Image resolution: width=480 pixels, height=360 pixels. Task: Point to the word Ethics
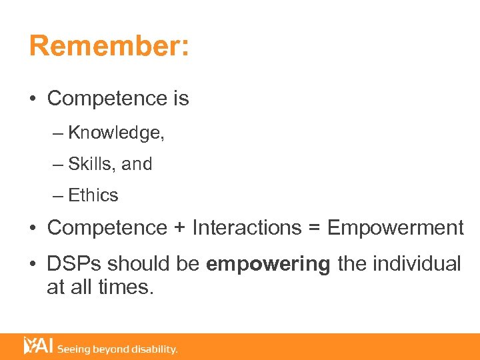[x=93, y=195]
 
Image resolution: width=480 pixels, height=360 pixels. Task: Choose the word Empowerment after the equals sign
[x=395, y=228]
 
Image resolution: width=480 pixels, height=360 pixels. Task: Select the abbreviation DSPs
[x=74, y=264]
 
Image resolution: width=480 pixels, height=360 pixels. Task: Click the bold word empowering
[x=268, y=265]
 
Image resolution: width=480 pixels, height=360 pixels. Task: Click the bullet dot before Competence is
[x=33, y=99]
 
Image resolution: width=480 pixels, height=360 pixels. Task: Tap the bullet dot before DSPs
[x=33, y=265]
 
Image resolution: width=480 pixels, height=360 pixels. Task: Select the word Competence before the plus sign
[x=107, y=228]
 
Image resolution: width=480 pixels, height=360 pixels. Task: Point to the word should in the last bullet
[x=137, y=264]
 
